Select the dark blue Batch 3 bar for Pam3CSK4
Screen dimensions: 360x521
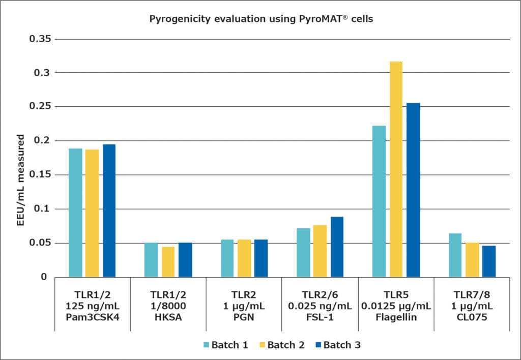(109, 211)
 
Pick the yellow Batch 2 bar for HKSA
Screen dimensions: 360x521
(168, 262)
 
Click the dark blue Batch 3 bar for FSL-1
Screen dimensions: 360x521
(337, 247)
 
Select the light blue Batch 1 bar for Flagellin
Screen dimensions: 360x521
(379, 201)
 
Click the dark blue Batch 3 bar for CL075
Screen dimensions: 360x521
(489, 261)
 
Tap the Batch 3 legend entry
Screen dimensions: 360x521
(333, 345)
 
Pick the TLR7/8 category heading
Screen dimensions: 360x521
(472, 294)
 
